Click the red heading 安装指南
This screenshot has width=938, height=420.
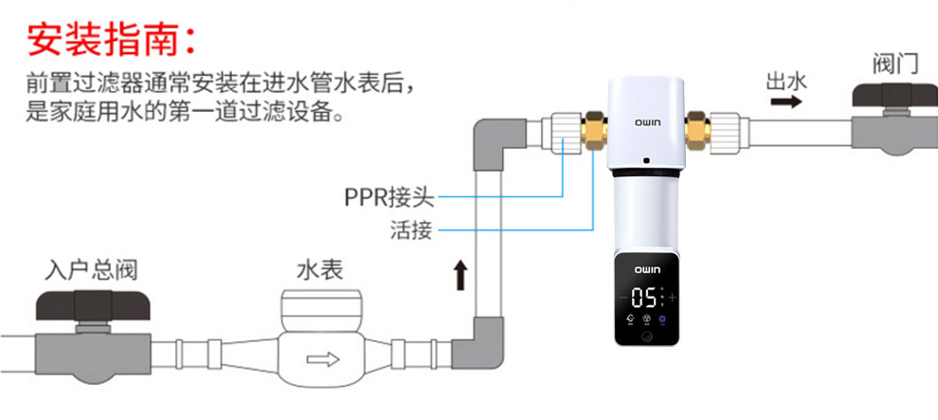112,39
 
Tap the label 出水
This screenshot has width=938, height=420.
785,81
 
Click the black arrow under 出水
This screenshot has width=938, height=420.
785,102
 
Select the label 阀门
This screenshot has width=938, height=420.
894,64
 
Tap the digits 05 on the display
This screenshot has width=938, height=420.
645,298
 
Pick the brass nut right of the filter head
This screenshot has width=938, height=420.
698,126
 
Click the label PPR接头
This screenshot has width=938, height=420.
388,198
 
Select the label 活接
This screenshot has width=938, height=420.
411,229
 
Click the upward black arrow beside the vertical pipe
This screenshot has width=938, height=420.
461,276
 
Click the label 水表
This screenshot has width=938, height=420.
319,270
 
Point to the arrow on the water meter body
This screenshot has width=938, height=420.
319,360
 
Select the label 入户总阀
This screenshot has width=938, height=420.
92,270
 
